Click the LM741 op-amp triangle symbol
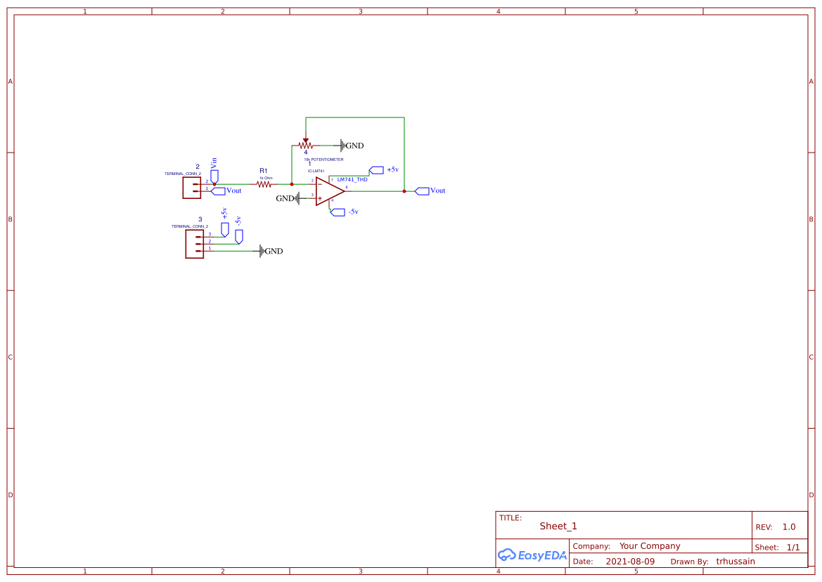click(328, 191)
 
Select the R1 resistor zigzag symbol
click(264, 184)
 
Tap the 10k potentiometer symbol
click(305, 145)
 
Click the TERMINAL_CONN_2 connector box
click(191, 187)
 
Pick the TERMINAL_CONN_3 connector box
click(194, 244)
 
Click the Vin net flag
click(215, 174)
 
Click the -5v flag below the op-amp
click(338, 212)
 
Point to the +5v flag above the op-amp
click(376, 170)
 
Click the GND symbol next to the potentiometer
click(343, 145)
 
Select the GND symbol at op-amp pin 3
click(296, 198)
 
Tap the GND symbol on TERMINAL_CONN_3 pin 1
click(262, 251)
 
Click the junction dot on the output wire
click(404, 191)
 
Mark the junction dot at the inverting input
click(292, 184)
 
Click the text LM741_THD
click(352, 180)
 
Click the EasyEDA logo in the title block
click(532, 555)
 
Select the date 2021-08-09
click(630, 562)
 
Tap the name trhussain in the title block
click(736, 562)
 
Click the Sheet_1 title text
click(558, 526)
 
